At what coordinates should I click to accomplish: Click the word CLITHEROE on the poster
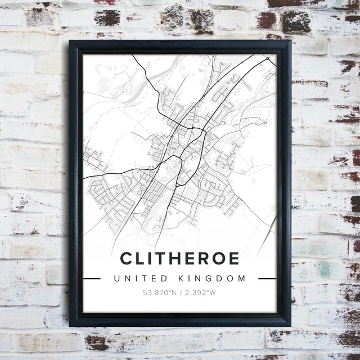tap(179, 259)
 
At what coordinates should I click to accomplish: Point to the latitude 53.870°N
tap(160, 292)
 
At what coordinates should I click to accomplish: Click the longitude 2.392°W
tap(200, 292)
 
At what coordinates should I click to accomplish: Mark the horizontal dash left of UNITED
tap(92, 278)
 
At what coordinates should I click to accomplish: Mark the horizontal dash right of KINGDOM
tap(267, 278)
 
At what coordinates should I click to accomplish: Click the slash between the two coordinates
tap(180, 292)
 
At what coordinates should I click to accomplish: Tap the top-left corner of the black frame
tap(70, 41)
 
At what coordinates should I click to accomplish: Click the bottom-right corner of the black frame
tap(290, 326)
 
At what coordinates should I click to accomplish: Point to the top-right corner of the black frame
tap(290, 41)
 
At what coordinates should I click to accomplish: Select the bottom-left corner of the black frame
tap(70, 326)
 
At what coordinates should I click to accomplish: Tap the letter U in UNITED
tap(116, 278)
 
